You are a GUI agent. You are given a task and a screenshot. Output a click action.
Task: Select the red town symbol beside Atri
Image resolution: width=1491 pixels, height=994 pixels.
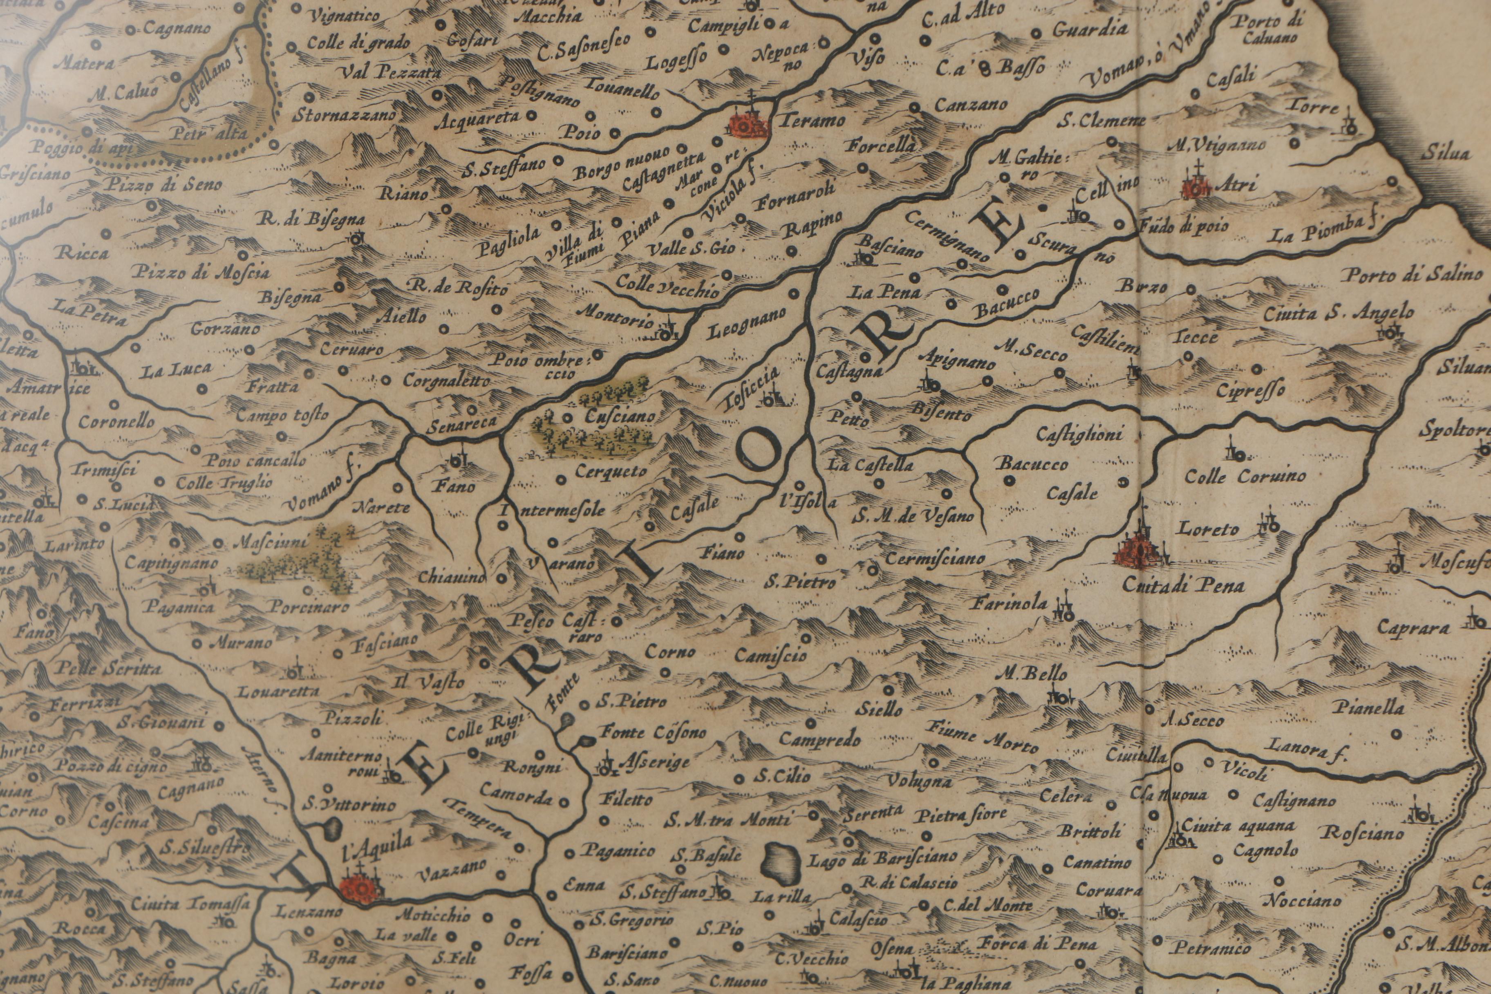click(1197, 185)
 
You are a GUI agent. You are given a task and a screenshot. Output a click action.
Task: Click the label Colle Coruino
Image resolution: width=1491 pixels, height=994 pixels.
click(1245, 476)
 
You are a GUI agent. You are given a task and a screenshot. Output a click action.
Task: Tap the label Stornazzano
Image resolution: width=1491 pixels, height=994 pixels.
click(344, 116)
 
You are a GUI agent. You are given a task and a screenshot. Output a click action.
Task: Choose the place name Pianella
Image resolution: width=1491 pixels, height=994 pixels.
click(1368, 707)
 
